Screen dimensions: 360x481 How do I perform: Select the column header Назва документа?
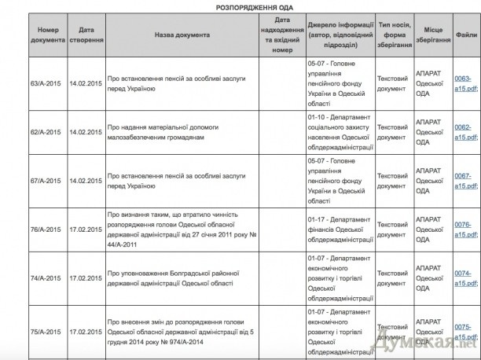pyautogui.click(x=182, y=35)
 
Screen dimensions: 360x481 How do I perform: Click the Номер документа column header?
pyautogui.click(x=46, y=35)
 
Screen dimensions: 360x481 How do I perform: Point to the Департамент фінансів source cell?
pyautogui.click(x=339, y=230)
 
